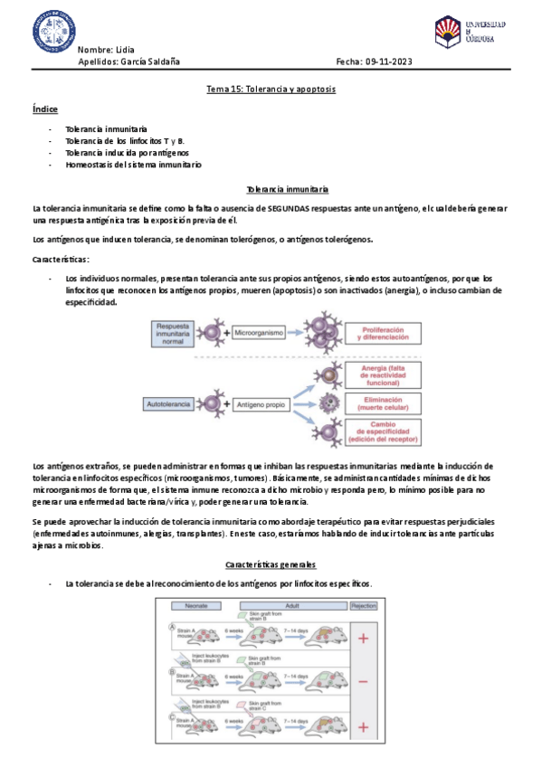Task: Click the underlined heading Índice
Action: (44, 109)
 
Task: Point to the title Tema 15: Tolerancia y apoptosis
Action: (271, 90)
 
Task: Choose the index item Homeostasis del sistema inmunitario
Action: (133, 166)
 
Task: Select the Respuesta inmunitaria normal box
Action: (177, 334)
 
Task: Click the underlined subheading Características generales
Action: (271, 564)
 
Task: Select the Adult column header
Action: (291, 606)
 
